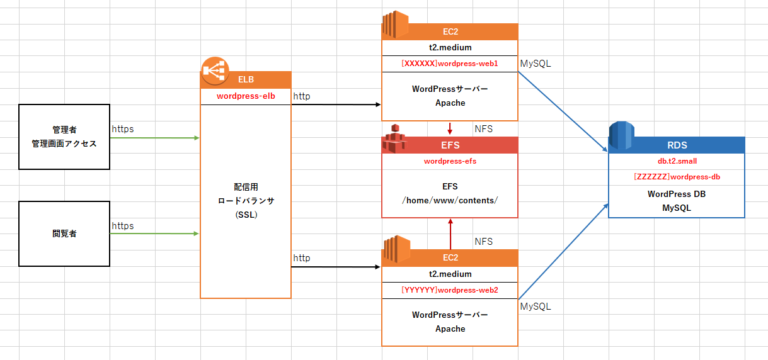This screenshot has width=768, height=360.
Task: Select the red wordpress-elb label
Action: (246, 97)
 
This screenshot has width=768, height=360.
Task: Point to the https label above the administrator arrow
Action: (123, 129)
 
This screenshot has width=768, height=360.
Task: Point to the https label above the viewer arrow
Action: (123, 226)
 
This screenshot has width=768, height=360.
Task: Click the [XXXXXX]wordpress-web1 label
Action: (450, 64)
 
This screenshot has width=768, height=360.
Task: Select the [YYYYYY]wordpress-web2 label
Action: (449, 290)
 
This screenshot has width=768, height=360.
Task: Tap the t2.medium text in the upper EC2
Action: (449, 46)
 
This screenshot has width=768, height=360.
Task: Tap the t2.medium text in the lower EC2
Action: (449, 272)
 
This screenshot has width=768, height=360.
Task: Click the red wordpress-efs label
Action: (449, 161)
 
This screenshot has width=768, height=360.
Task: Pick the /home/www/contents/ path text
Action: (449, 200)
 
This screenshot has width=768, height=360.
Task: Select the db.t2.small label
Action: (677, 160)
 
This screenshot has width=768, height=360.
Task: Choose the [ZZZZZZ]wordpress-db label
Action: (677, 176)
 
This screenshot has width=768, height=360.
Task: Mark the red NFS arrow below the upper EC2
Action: (450, 128)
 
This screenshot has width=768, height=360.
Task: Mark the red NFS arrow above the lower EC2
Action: (450, 234)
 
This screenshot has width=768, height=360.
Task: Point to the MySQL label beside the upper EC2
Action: (535, 64)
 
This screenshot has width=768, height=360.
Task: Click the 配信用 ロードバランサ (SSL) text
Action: (246, 200)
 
